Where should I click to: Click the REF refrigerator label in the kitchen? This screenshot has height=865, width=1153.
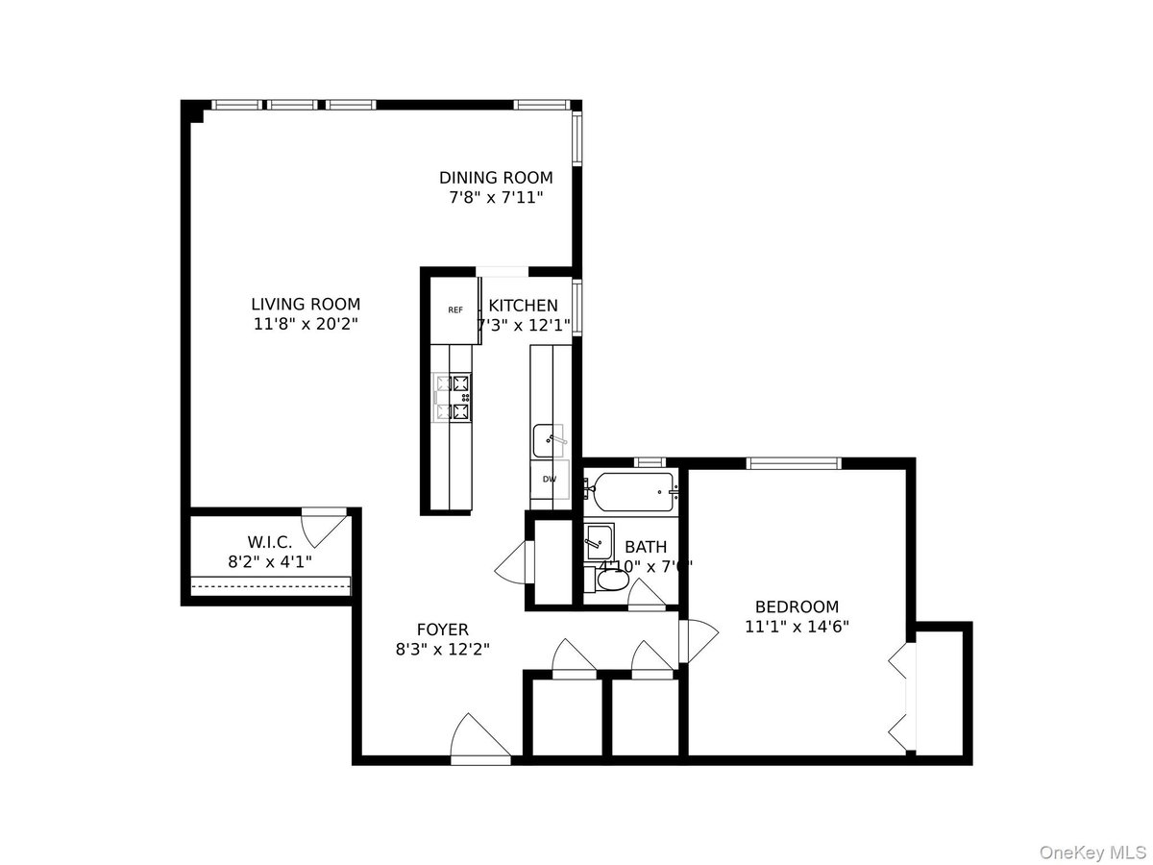pyautogui.click(x=455, y=309)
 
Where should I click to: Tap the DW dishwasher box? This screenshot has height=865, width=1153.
pyautogui.click(x=550, y=478)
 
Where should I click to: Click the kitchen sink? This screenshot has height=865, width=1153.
pyautogui.click(x=550, y=441)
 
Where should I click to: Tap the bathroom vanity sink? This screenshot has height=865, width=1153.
pyautogui.click(x=600, y=542)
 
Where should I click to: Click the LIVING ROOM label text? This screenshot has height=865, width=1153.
pyautogui.click(x=306, y=305)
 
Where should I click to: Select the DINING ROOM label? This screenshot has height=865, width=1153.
pyautogui.click(x=496, y=178)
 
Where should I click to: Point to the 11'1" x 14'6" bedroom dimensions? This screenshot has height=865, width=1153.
pyautogui.click(x=797, y=627)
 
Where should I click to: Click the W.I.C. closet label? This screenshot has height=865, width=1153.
pyautogui.click(x=269, y=542)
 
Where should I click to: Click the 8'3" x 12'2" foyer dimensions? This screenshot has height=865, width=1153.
pyautogui.click(x=443, y=650)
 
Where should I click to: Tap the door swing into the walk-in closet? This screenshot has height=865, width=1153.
pyautogui.click(x=324, y=528)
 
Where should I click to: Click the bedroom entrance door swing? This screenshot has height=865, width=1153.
pyautogui.click(x=699, y=642)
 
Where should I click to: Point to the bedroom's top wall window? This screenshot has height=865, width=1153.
pyautogui.click(x=795, y=463)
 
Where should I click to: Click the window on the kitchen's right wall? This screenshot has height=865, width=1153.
pyautogui.click(x=576, y=307)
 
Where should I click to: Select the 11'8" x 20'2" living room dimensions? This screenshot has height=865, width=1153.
pyautogui.click(x=306, y=325)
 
